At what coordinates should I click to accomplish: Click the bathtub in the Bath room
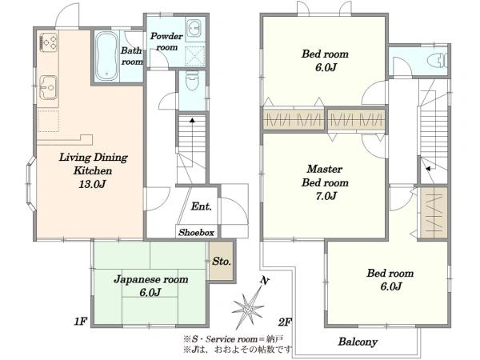click(x=106, y=56)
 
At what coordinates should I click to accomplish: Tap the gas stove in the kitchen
click(x=48, y=42)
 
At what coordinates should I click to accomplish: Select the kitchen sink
click(x=48, y=87)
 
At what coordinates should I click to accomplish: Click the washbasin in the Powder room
click(x=194, y=27)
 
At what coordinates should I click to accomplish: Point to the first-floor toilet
click(x=192, y=81)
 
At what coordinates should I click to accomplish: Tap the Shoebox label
click(x=196, y=232)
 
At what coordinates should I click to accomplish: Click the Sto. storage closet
click(x=222, y=261)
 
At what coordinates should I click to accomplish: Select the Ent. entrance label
click(x=201, y=206)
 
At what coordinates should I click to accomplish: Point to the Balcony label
click(x=358, y=342)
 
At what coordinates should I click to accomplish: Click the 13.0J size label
click(x=92, y=184)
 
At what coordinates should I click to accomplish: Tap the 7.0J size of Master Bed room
click(x=326, y=196)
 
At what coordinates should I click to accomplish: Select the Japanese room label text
click(x=151, y=279)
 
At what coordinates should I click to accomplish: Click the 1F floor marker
click(x=81, y=322)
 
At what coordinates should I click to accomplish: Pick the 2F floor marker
click(x=285, y=322)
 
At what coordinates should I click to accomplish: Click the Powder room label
click(x=166, y=42)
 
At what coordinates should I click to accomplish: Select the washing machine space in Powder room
click(x=196, y=56)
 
